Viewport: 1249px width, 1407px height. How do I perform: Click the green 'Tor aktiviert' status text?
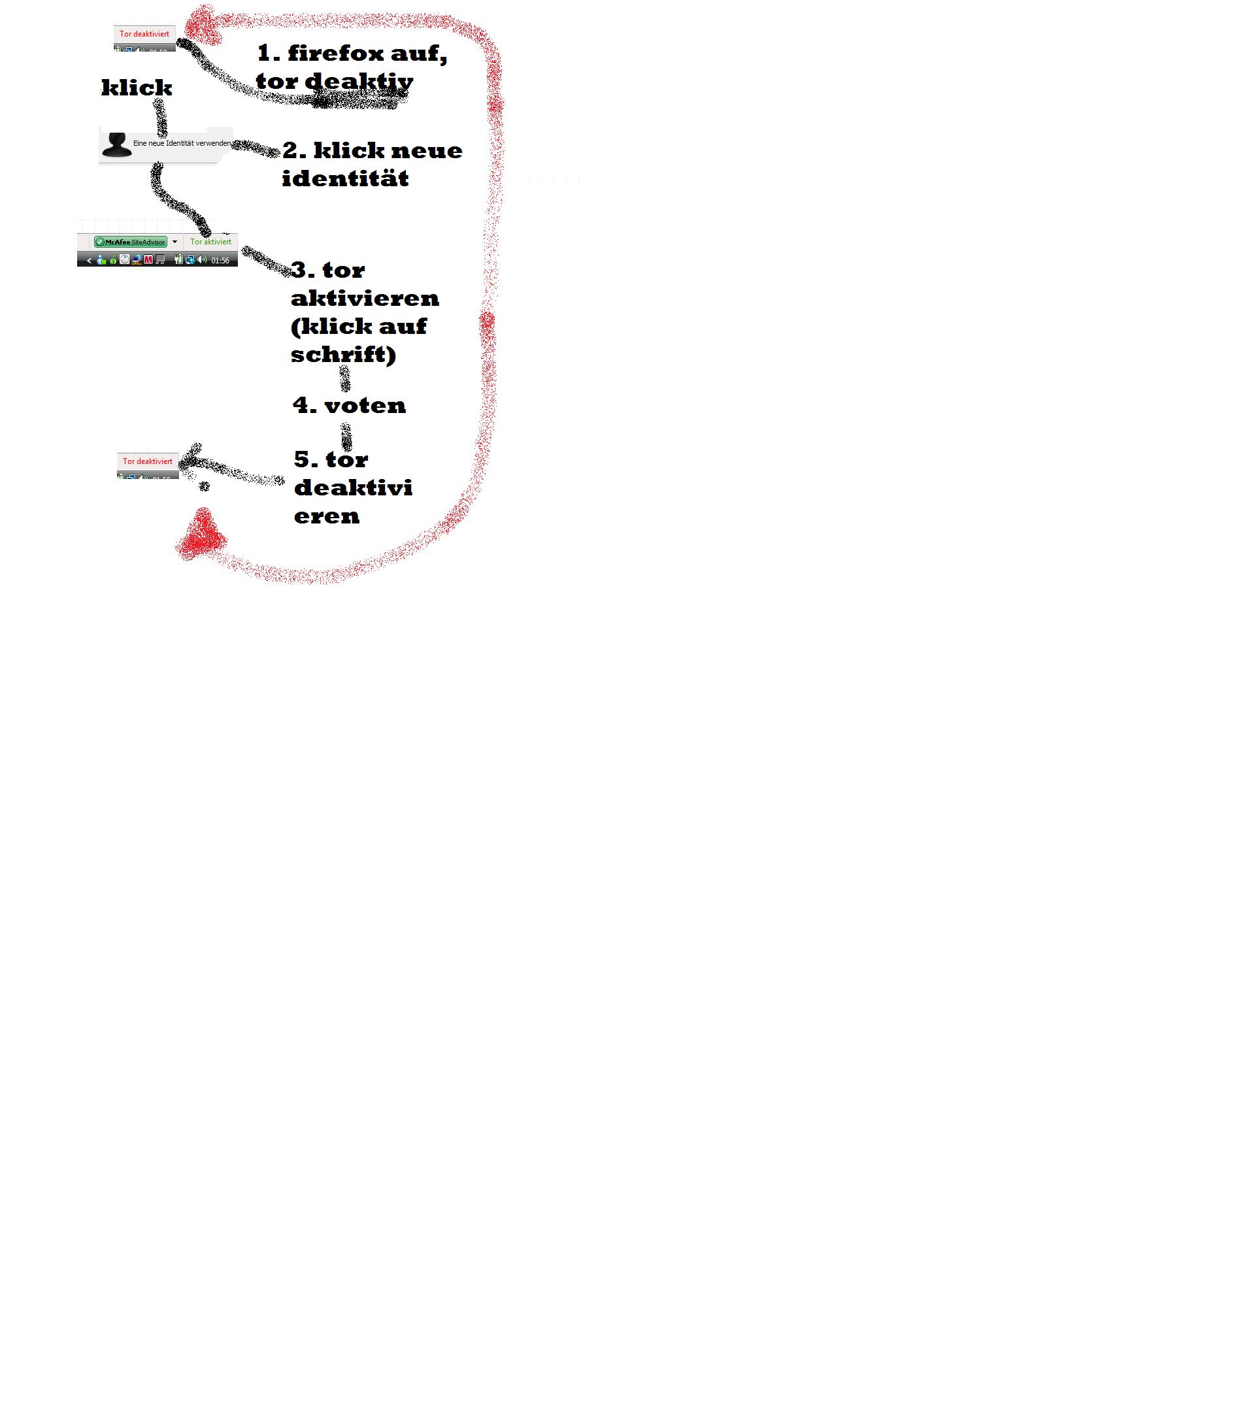(x=210, y=242)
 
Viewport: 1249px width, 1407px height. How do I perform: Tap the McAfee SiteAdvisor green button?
(x=131, y=242)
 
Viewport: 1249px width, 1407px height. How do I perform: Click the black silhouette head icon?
(x=116, y=144)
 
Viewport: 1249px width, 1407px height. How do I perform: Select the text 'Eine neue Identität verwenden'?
(x=182, y=143)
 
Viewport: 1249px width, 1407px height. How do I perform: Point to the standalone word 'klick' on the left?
(x=137, y=88)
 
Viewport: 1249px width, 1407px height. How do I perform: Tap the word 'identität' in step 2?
(x=345, y=179)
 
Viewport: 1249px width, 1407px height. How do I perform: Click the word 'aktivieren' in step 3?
(x=364, y=298)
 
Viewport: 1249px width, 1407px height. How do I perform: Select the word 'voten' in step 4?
(x=365, y=405)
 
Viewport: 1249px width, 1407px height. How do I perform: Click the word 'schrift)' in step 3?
(x=343, y=354)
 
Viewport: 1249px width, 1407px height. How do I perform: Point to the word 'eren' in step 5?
(x=326, y=516)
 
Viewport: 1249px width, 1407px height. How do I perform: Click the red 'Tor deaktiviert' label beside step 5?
(x=147, y=461)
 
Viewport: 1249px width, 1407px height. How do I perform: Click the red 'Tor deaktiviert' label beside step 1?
(x=144, y=34)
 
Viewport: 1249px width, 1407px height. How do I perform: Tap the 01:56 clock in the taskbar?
(x=220, y=260)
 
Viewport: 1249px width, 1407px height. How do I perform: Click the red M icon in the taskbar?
(x=148, y=259)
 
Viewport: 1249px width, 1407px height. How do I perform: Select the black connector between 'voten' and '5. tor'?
(x=346, y=436)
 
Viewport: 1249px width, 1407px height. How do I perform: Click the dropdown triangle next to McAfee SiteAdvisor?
(x=175, y=242)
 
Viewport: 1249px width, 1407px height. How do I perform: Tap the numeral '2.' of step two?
(x=294, y=150)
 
